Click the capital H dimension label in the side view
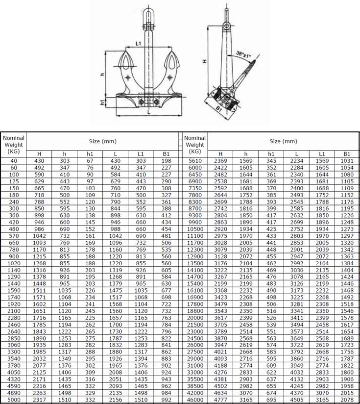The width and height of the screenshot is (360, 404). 204,62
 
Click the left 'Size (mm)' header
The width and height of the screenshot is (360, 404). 102,141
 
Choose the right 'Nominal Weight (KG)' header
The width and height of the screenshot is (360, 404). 195,145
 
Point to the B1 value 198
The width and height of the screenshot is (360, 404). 167,160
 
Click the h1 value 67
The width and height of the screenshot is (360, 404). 90,160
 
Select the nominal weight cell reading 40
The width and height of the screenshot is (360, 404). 14,160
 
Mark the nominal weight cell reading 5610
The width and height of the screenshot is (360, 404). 195,160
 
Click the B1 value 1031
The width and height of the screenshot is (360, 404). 347,160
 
